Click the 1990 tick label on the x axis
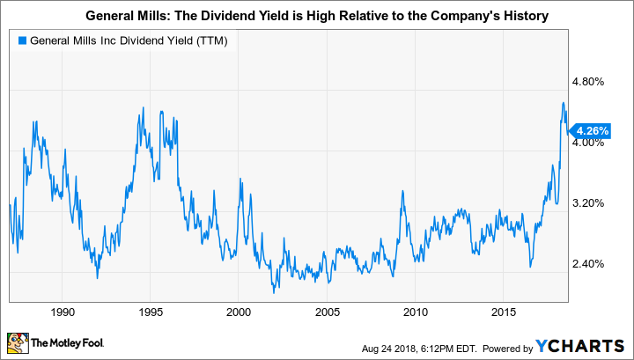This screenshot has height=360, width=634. tap(62, 312)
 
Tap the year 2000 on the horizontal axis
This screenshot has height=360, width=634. tap(239, 312)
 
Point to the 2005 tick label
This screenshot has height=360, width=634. tap(327, 312)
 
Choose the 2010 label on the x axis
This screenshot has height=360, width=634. tap(415, 312)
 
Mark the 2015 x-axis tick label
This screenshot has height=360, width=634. tap(503, 312)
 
